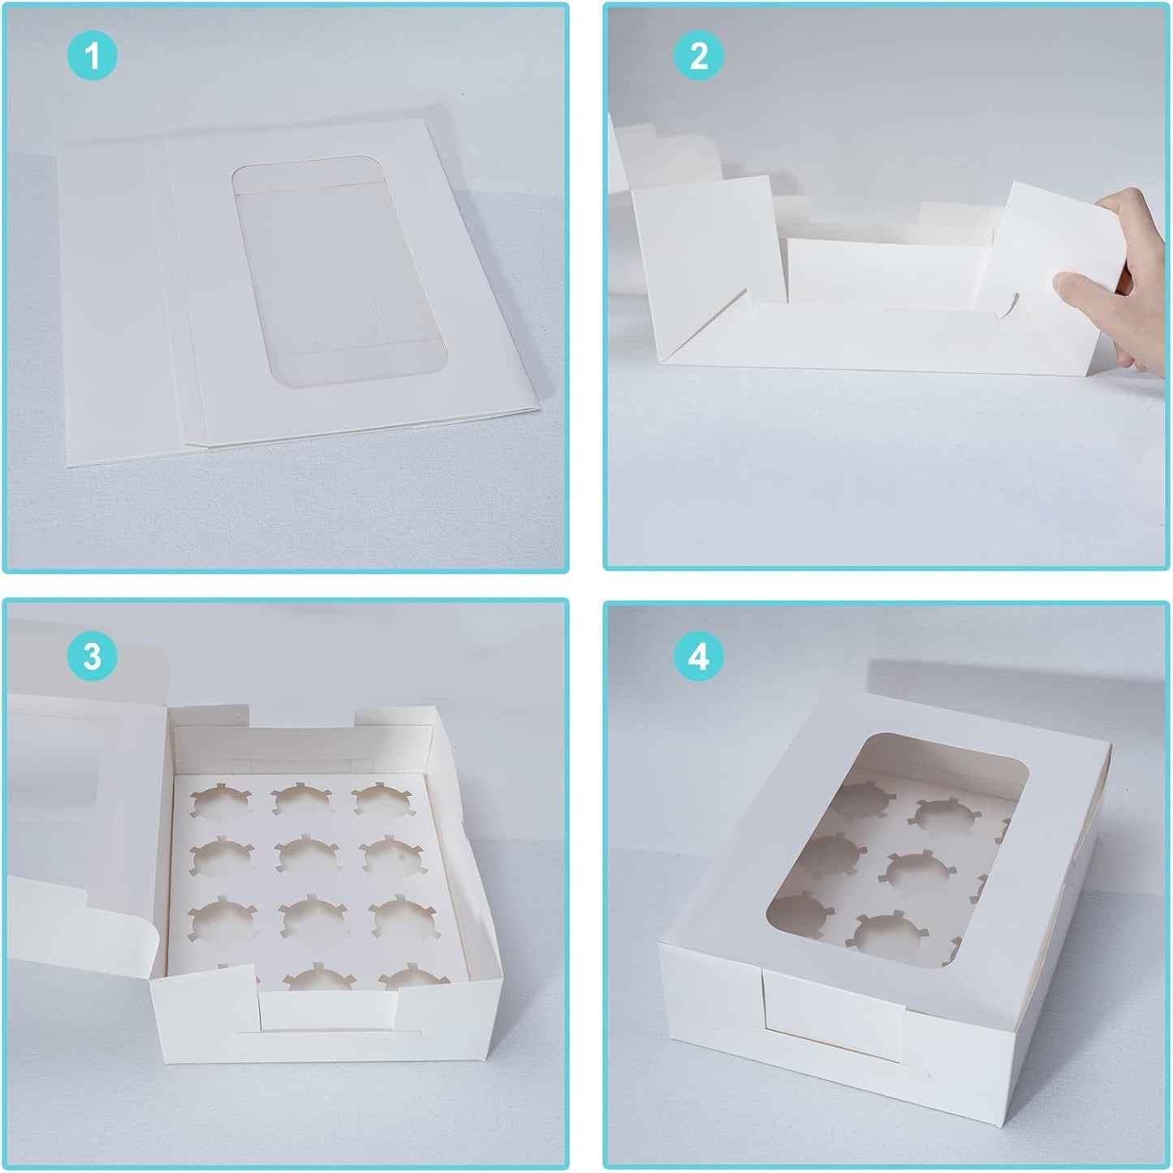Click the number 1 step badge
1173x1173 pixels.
coord(92,57)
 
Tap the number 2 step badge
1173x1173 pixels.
coord(698,57)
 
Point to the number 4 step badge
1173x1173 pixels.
coord(698,656)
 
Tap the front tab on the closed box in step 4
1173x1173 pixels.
coord(832,1031)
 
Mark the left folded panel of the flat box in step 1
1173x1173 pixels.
coord(110,308)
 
